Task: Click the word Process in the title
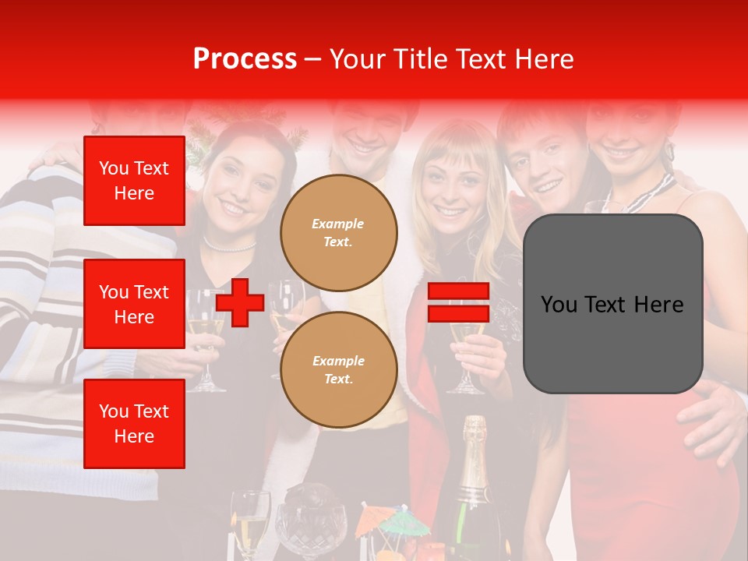point(245,58)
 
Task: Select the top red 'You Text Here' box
point(134,181)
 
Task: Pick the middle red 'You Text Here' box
point(134,304)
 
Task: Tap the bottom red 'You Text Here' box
point(134,424)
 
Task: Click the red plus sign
point(240,302)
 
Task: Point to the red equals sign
point(458,302)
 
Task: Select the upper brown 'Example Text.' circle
point(339,232)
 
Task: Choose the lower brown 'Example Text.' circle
point(339,369)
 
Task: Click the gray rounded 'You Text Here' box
point(612,304)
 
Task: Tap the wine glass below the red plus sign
point(206,351)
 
